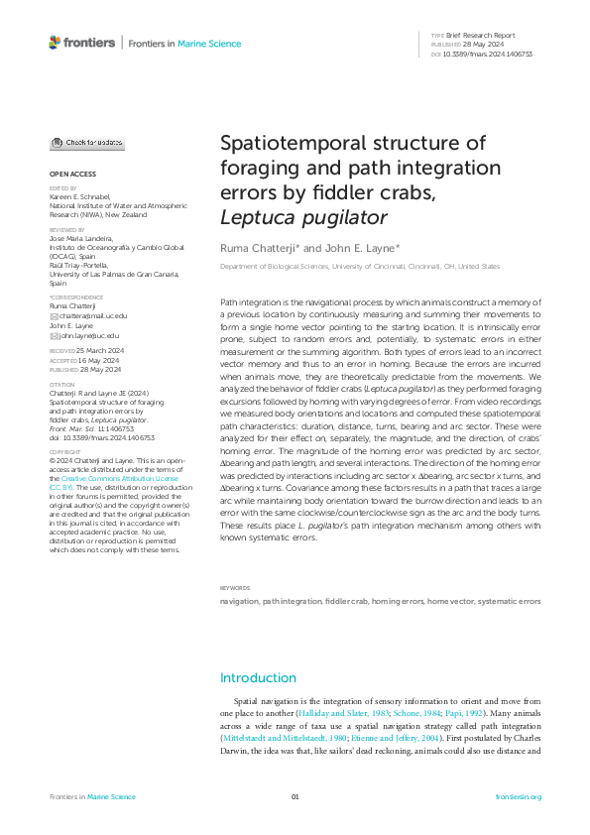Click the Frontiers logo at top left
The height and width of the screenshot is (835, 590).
81,43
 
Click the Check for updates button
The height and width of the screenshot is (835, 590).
87,143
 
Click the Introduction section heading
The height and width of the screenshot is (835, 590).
258,678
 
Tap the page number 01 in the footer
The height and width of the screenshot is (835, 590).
295,796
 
